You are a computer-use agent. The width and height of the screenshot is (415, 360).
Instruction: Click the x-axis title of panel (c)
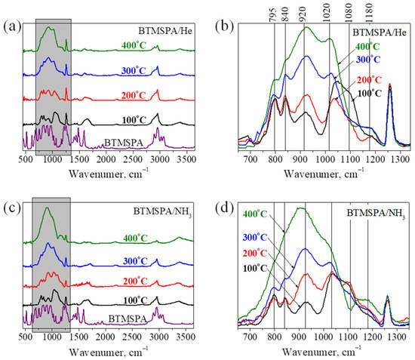click(x=106, y=352)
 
